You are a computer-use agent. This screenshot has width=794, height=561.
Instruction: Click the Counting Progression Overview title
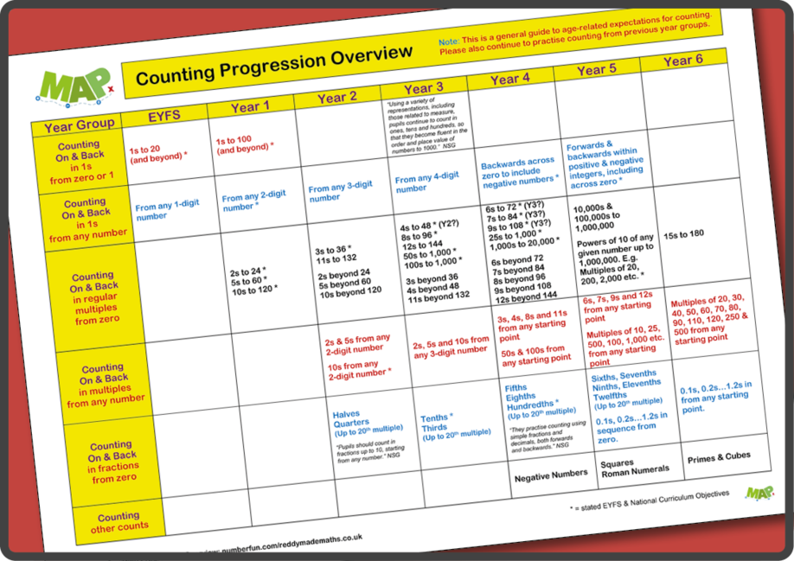(x=274, y=67)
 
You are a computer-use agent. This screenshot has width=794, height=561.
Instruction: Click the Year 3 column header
(x=423, y=88)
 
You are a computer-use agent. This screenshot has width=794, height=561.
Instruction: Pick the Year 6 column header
(x=682, y=61)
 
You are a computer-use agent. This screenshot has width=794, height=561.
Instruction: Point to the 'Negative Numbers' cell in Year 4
(x=550, y=475)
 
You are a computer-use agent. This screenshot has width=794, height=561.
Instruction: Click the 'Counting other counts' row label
(x=118, y=522)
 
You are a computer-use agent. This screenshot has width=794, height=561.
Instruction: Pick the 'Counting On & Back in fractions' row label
(x=112, y=462)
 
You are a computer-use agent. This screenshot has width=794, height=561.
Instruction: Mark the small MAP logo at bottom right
(x=760, y=494)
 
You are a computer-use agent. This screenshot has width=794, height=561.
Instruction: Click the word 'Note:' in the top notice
(x=449, y=42)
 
